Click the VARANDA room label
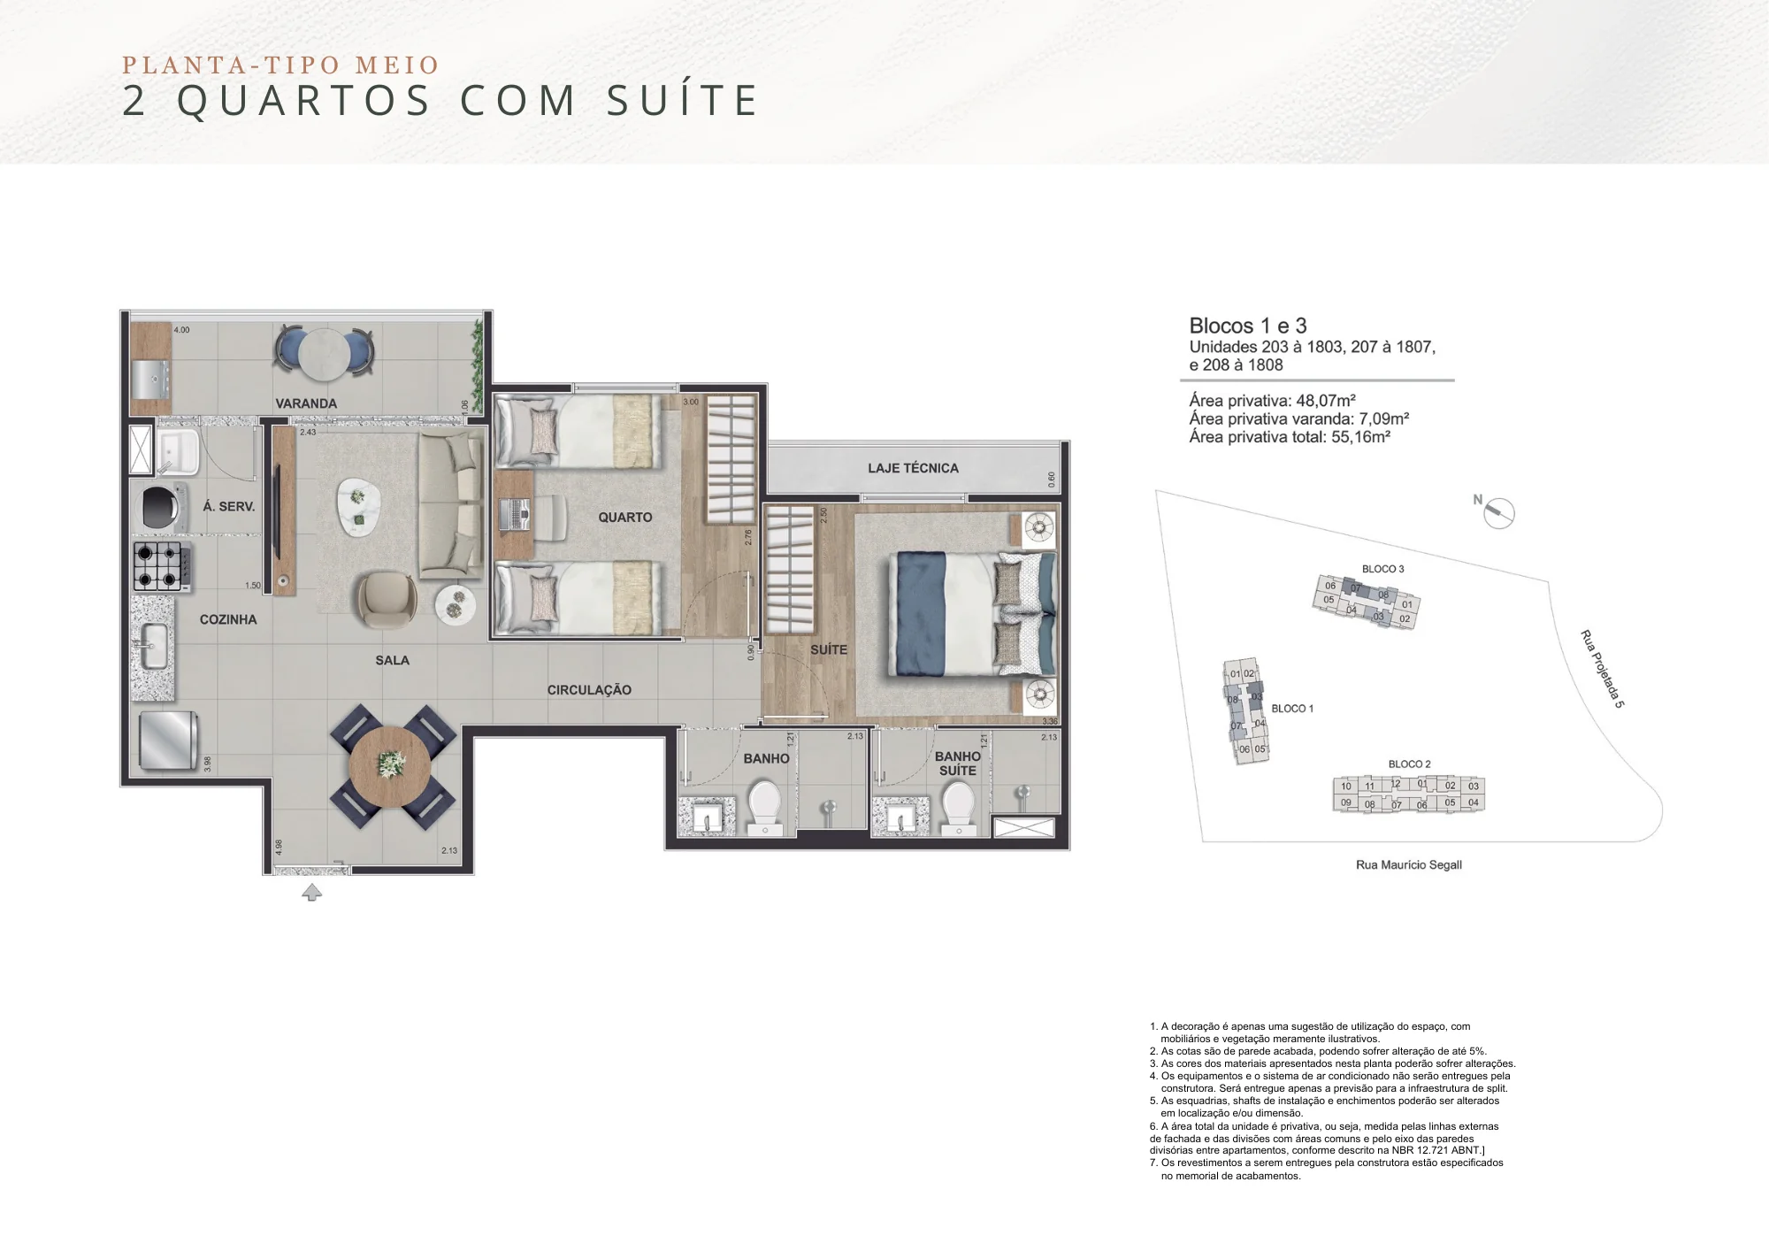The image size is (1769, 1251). pos(306,403)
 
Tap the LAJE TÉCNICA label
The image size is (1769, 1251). pos(912,468)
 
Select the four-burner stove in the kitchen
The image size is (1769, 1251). pos(159,566)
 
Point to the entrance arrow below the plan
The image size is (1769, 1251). pos(311,893)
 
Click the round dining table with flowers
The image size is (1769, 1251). pos(390,765)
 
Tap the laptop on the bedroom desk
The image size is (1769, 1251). pos(514,515)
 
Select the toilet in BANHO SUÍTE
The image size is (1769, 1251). pos(958,806)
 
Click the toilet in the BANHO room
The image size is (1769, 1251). pos(764,806)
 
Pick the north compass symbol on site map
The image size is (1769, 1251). pos(1498,512)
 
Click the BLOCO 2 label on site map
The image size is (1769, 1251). pos(1409,764)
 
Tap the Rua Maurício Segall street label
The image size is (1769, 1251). pos(1408,864)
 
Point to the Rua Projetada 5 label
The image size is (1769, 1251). pos(1602,669)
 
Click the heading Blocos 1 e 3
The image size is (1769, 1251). pos(1247,326)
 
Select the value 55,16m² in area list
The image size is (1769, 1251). pos(1360,437)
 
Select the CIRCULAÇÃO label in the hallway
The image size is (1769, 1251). pos(589,690)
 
